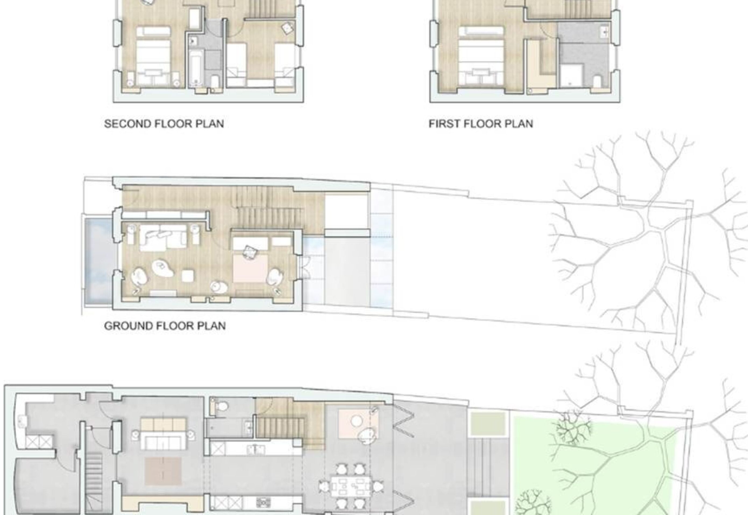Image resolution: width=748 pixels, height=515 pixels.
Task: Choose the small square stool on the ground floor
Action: [188, 276]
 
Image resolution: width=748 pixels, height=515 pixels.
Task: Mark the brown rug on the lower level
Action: [163, 471]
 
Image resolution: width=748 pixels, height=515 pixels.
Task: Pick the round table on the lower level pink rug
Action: [357, 420]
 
